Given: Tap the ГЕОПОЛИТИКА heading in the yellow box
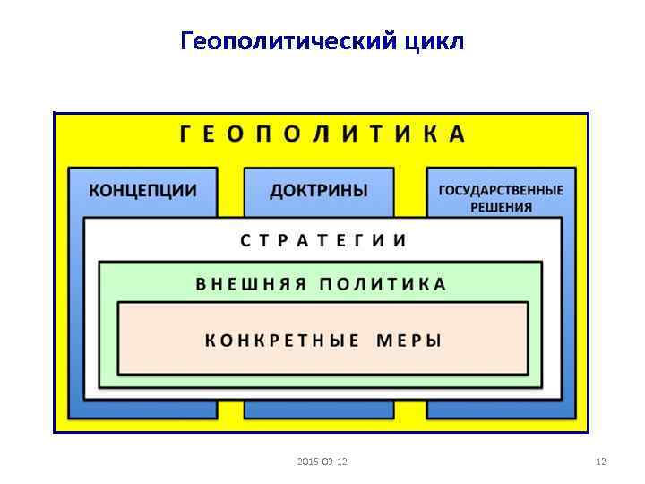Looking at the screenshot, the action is coord(322,134).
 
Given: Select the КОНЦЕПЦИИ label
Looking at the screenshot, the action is coord(143,191).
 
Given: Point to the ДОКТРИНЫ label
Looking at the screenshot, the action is coord(319,191).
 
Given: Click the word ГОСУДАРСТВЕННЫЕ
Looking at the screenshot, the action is coord(501,190).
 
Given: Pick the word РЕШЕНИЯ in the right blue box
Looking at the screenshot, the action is coord(502,207).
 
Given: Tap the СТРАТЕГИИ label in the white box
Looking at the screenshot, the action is coord(323,240).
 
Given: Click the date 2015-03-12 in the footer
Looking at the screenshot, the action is coord(322,462).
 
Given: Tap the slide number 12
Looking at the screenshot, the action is coord(601,462).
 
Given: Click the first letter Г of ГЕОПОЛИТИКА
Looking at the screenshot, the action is coord(185,134).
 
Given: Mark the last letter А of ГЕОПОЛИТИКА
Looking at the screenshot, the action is coord(458,134).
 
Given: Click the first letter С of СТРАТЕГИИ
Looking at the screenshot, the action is coord(245,240).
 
